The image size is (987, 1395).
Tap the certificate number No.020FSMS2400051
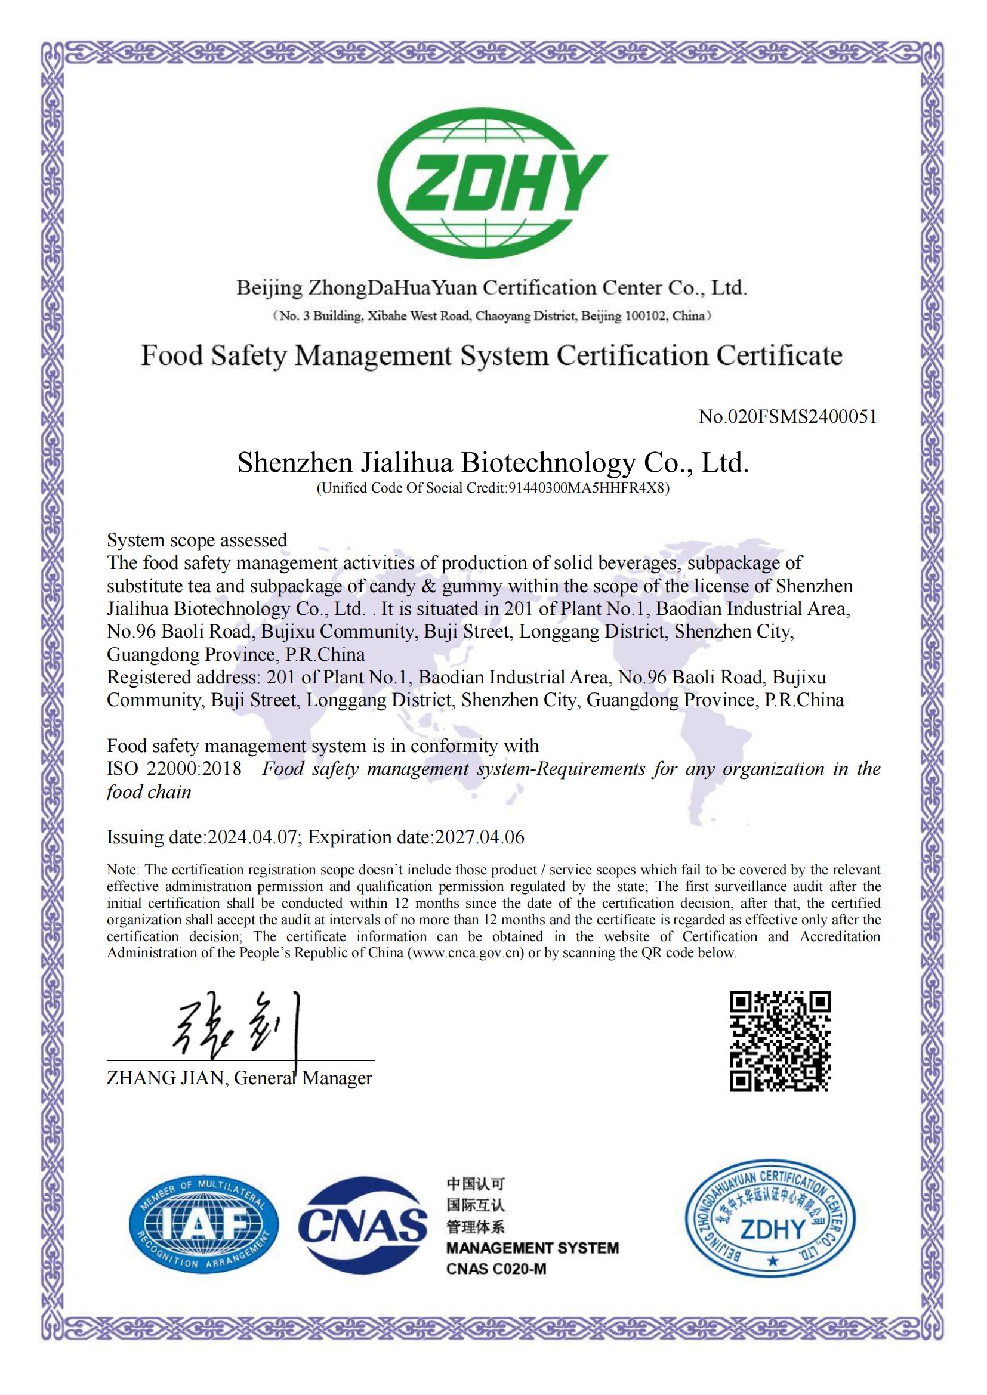[788, 416]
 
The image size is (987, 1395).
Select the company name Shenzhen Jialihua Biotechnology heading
[492, 462]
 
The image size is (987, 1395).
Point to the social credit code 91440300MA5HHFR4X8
[586, 488]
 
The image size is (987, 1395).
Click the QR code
[780, 1041]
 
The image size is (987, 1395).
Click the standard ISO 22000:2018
[174, 769]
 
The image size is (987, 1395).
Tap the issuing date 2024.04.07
[252, 837]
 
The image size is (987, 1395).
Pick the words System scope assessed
[197, 540]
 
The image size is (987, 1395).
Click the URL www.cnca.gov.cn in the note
[467, 952]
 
